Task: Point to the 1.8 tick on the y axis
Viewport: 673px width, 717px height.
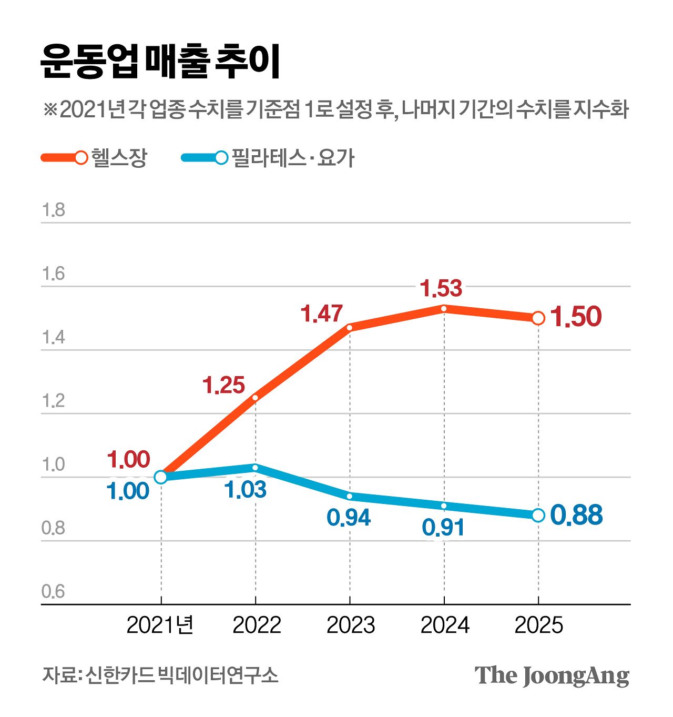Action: click(53, 210)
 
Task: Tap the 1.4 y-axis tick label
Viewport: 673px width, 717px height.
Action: click(53, 338)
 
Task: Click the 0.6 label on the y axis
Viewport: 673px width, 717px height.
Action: click(53, 592)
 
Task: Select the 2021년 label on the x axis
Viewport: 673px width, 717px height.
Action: click(160, 625)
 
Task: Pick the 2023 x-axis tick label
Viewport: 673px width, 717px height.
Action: click(351, 625)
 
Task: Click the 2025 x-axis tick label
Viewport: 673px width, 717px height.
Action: click(538, 625)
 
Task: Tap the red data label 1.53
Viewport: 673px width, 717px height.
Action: click(441, 289)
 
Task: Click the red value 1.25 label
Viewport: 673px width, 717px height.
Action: click(224, 386)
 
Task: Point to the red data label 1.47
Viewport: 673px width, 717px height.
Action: click(322, 314)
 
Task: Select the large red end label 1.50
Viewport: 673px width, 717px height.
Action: click(576, 317)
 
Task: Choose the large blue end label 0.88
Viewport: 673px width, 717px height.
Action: click(576, 515)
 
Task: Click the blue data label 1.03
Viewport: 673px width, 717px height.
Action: click(246, 490)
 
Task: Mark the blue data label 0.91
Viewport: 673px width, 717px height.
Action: click(443, 528)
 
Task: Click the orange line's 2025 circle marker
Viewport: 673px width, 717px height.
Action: click(538, 318)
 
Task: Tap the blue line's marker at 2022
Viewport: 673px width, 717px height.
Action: click(256, 468)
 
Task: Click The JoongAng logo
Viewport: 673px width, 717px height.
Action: click(552, 676)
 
